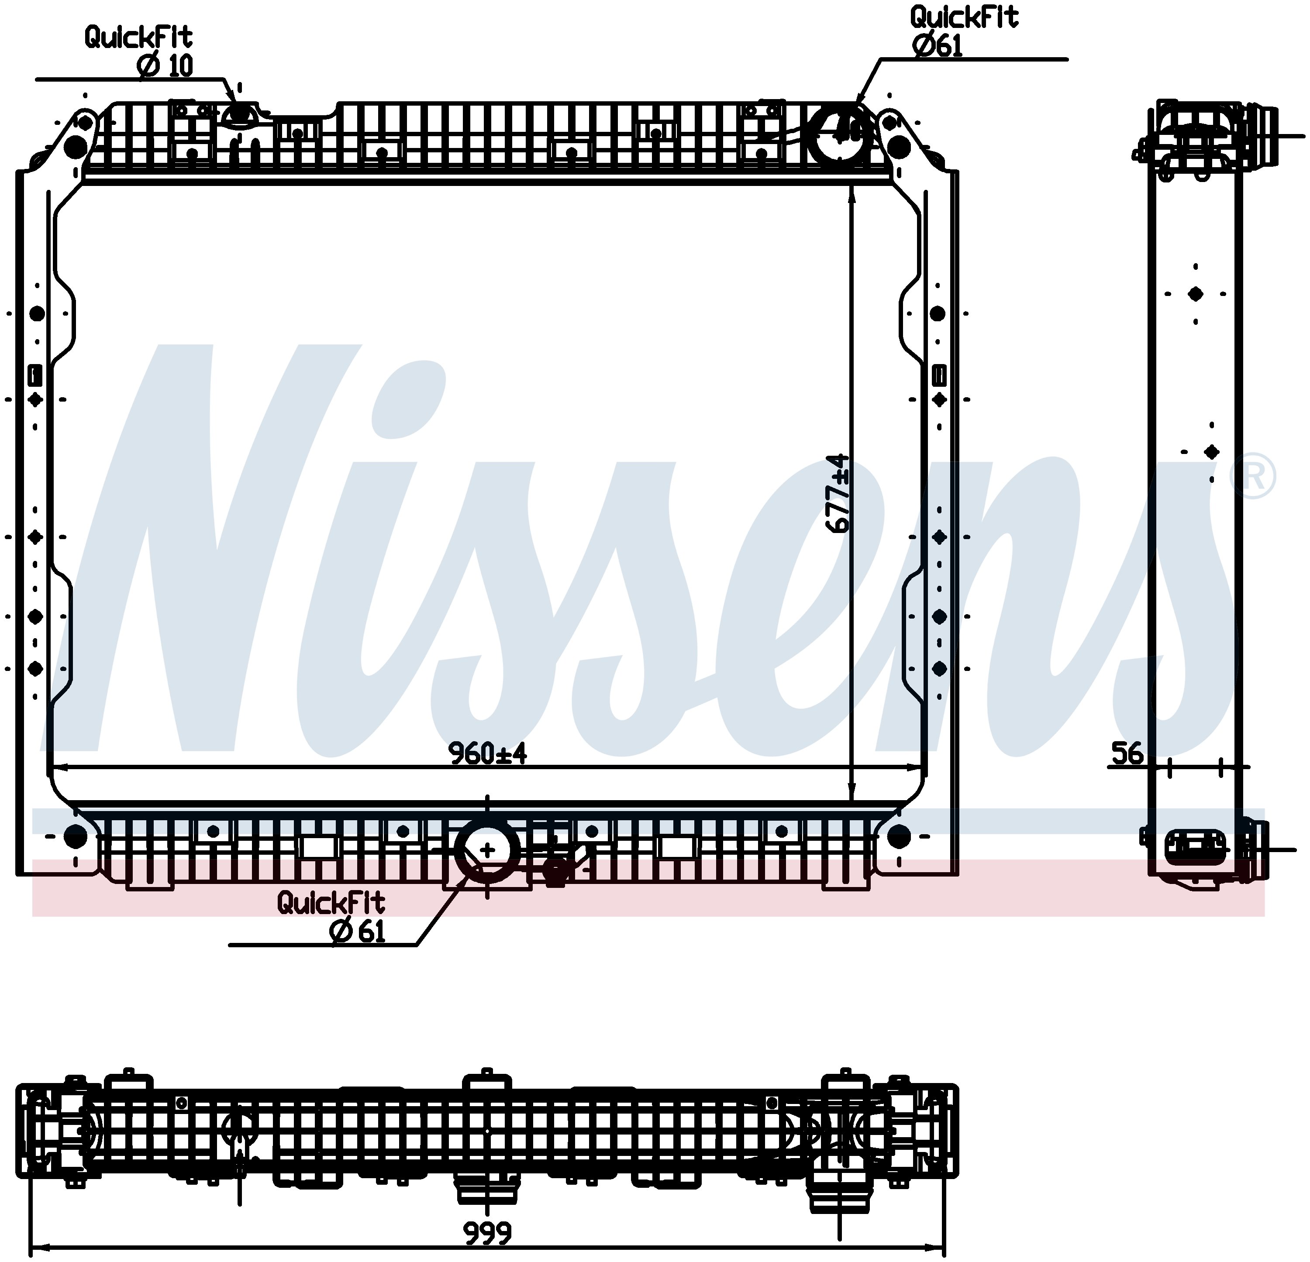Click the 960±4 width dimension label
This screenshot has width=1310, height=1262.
coord(487,753)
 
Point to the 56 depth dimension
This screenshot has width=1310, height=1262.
coord(1127,753)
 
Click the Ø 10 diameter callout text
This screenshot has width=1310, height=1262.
coord(165,65)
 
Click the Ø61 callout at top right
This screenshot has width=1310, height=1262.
coord(937,45)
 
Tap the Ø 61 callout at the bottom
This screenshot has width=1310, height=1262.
coord(358,931)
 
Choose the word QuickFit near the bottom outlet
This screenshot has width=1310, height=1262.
coord(331,903)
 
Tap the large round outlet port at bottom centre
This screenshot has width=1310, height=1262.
coord(487,850)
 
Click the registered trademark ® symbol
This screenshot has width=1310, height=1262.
coord(1252,475)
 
